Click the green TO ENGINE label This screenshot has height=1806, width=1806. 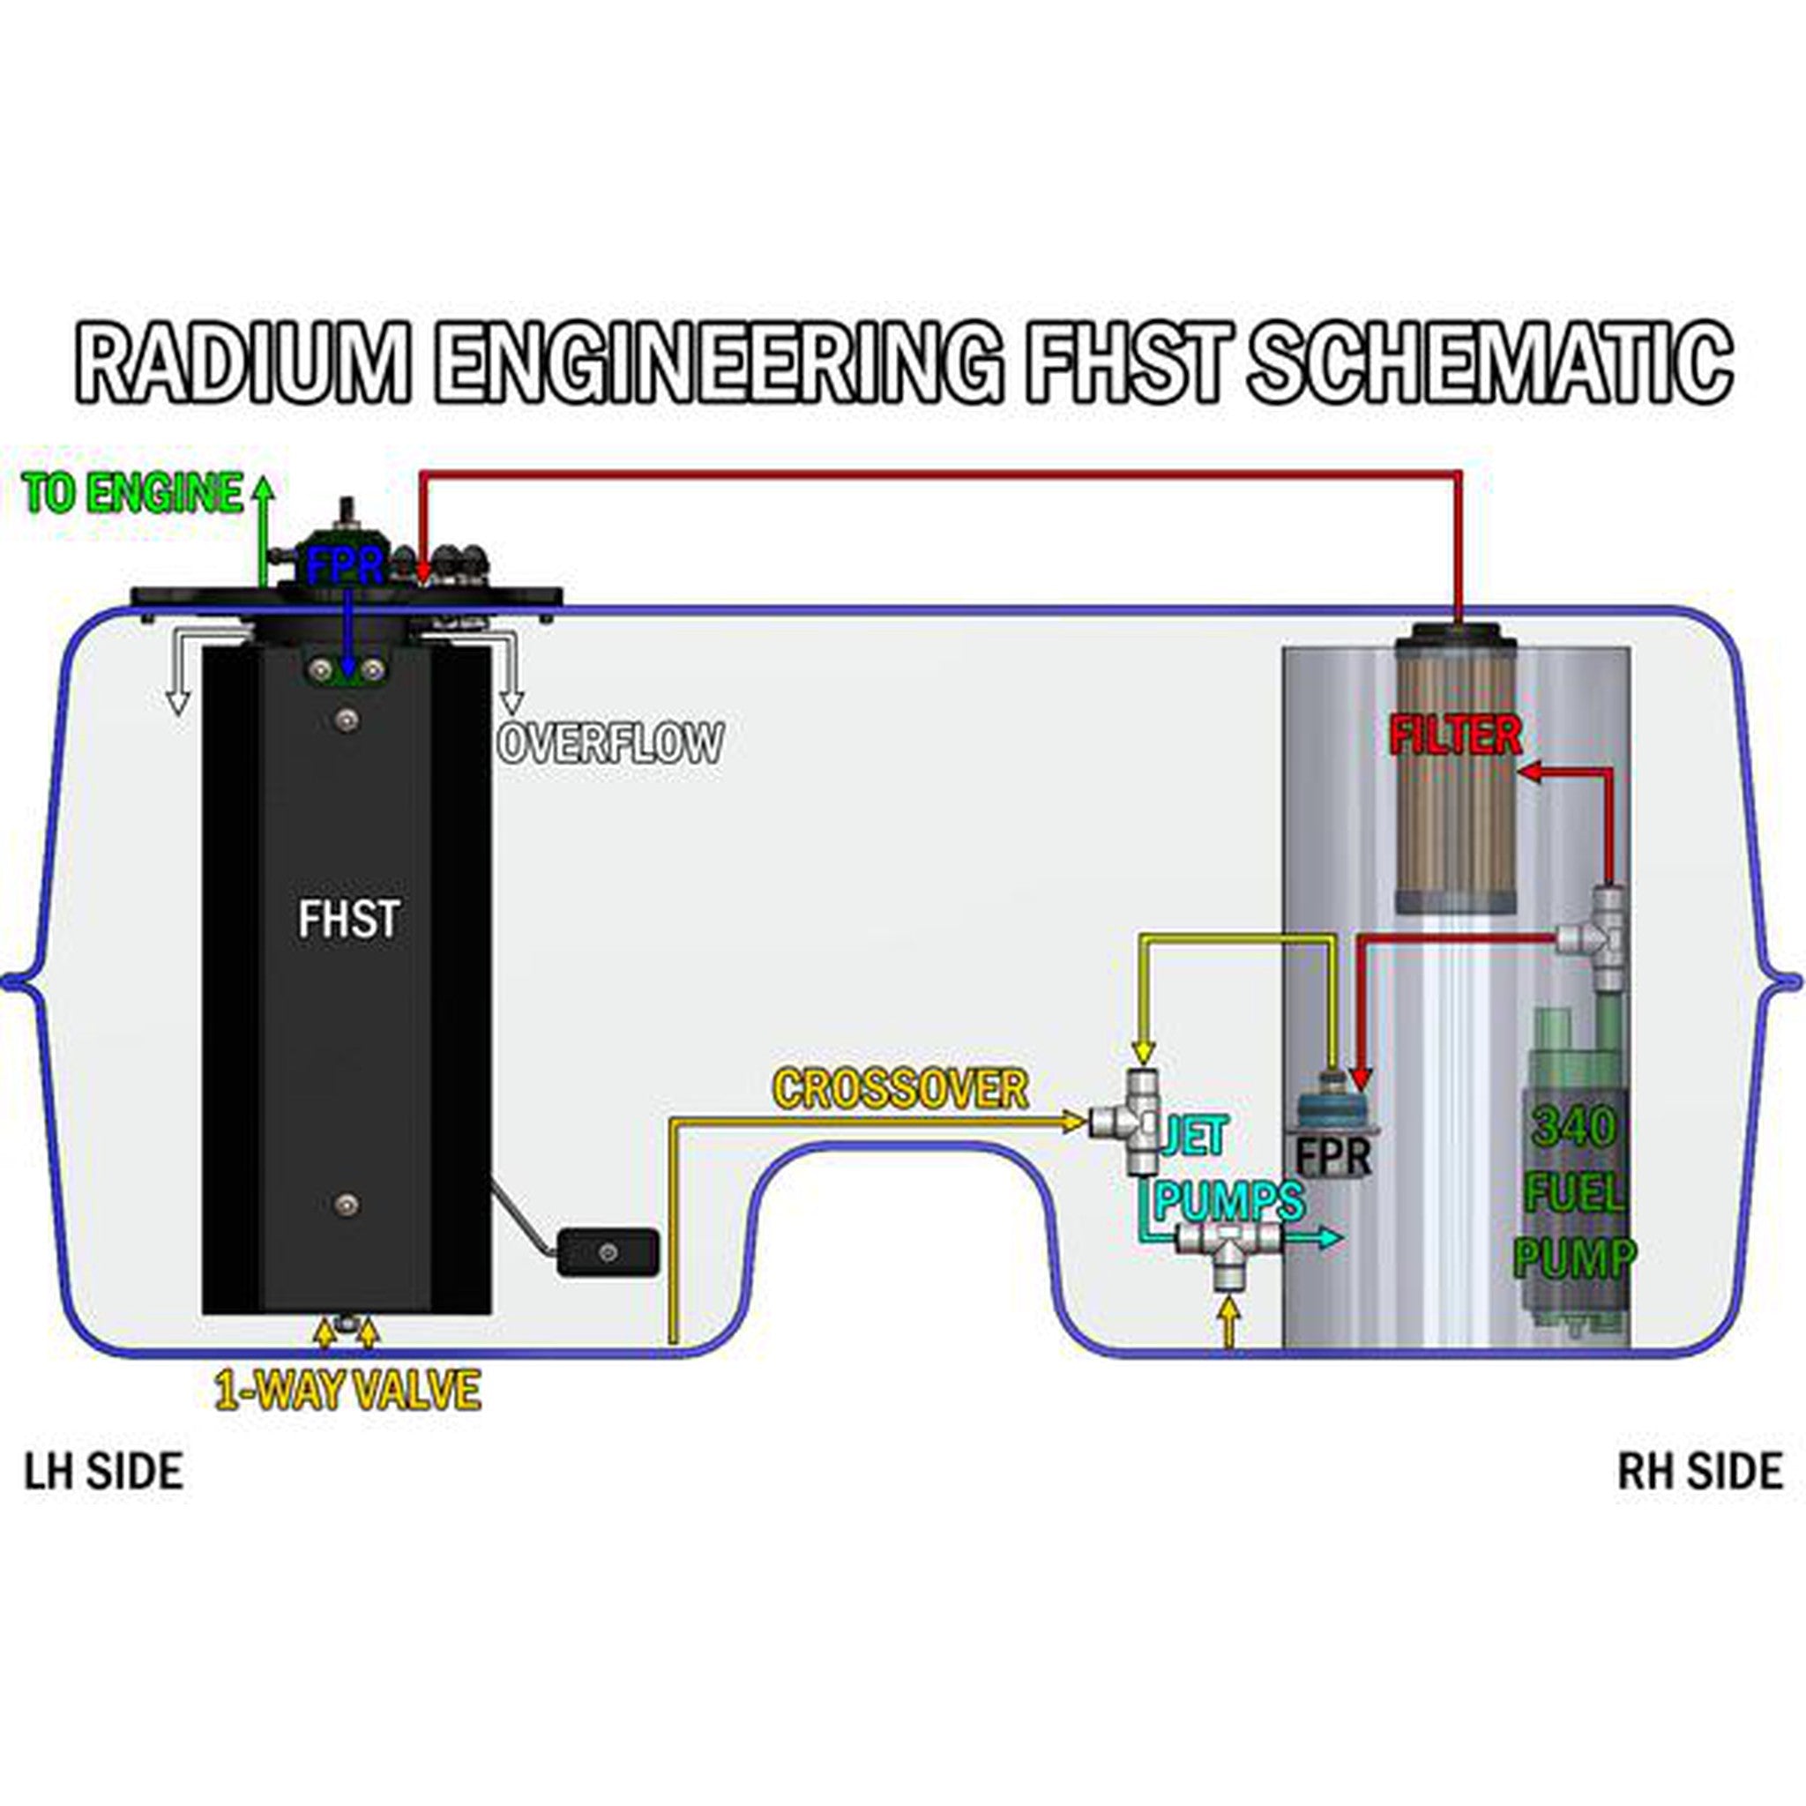[133, 493]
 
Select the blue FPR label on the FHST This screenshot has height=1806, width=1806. [344, 566]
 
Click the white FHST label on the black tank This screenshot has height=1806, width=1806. [348, 919]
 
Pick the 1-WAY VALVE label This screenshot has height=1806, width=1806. [347, 1390]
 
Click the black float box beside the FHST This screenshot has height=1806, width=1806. [608, 1252]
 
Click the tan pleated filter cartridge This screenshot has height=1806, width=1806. [1455, 823]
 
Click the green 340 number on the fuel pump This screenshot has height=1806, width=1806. [1573, 1128]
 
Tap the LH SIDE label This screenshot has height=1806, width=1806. [103, 1470]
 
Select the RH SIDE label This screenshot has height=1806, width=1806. [1699, 1470]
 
